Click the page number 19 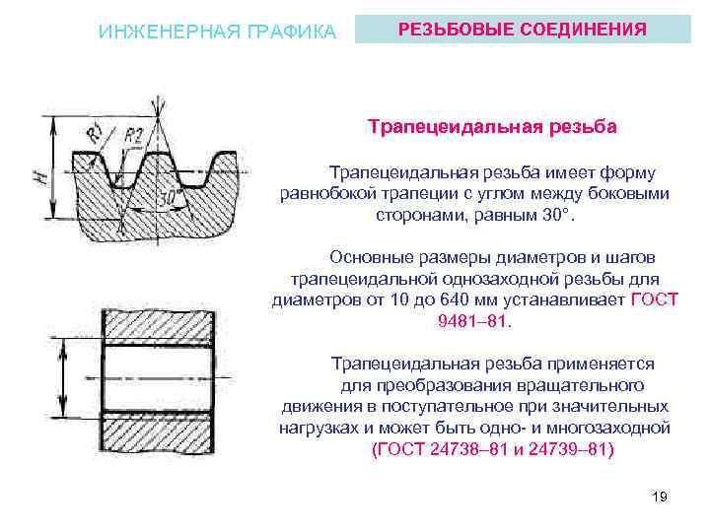tap(660, 497)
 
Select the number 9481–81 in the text tap(474, 321)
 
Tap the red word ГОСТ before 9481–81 tap(654, 299)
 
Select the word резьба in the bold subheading tap(583, 127)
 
